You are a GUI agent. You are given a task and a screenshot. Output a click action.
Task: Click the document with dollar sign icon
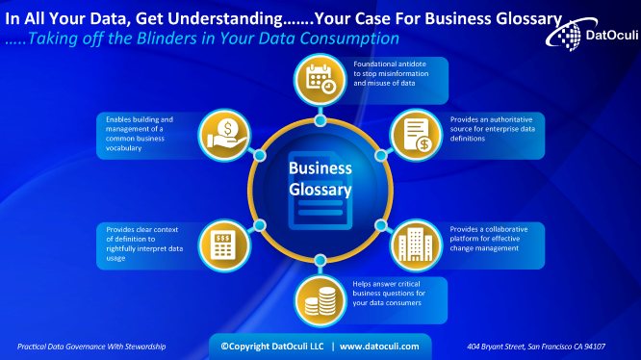tap(416, 135)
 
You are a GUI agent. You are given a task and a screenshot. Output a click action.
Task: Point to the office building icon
tap(415, 245)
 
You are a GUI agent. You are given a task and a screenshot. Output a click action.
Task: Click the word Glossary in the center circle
tap(320, 189)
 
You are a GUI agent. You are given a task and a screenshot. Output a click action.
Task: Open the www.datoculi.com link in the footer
tap(379, 346)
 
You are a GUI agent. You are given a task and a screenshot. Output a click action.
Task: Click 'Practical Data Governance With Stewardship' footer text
tap(91, 346)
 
